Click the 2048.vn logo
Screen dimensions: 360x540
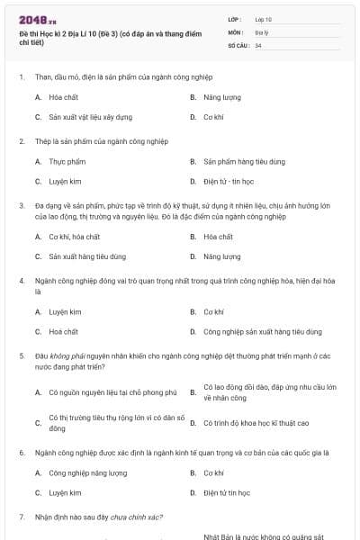(38, 19)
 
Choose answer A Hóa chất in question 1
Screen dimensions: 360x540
(62, 96)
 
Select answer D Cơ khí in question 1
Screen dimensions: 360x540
(213, 117)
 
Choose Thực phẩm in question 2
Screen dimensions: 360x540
(66, 161)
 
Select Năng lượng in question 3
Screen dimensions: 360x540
(222, 256)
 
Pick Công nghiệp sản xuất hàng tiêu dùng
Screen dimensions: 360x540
(262, 331)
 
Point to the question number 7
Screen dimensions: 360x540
(21, 517)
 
